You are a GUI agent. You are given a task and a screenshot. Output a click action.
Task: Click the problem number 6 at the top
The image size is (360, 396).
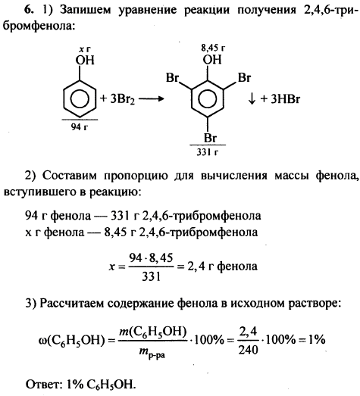[29, 10]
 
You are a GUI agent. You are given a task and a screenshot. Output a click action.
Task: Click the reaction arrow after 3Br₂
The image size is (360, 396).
[151, 98]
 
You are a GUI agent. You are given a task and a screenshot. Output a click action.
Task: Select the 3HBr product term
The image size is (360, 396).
[285, 98]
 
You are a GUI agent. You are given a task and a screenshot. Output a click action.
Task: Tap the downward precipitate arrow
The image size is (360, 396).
[252, 98]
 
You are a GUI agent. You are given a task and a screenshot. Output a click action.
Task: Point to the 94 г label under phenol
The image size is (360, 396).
[79, 126]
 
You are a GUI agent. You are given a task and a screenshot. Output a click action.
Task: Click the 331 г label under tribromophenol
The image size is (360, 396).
[208, 152]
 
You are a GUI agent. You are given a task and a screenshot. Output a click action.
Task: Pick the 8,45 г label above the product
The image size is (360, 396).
[213, 48]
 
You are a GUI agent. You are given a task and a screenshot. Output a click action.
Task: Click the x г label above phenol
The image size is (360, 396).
[84, 50]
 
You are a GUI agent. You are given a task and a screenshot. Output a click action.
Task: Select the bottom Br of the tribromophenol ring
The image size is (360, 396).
[210, 138]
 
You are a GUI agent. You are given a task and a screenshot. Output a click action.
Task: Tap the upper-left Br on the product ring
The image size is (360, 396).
[172, 77]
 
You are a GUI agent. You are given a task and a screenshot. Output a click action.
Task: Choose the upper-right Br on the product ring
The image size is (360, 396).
[244, 77]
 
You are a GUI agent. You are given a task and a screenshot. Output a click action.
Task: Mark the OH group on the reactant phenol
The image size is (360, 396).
[85, 60]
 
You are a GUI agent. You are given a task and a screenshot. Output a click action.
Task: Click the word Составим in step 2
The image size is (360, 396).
[70, 176]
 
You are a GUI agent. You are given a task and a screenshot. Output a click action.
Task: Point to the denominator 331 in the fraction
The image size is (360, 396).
[151, 276]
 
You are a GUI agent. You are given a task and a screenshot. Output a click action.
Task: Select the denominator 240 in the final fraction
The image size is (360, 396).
[248, 350]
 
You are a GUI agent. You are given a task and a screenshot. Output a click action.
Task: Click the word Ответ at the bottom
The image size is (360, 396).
[43, 385]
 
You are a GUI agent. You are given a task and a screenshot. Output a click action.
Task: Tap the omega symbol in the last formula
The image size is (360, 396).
[42, 341]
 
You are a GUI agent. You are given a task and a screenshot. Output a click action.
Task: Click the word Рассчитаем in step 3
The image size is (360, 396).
[72, 304]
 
